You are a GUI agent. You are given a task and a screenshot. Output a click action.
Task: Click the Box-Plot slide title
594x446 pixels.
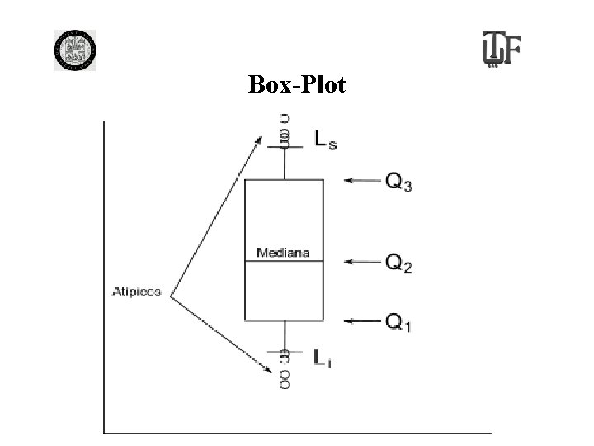(297, 83)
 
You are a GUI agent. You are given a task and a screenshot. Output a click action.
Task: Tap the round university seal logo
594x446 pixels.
(75, 50)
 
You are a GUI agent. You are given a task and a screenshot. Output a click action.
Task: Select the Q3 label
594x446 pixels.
(399, 182)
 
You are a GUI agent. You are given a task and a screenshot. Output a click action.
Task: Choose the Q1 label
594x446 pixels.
(399, 321)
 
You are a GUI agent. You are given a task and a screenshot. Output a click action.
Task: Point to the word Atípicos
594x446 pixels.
(137, 291)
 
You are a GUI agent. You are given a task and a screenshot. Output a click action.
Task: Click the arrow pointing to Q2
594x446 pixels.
(361, 262)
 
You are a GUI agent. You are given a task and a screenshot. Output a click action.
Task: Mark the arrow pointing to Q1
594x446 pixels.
(361, 320)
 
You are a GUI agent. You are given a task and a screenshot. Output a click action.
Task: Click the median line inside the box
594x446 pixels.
(283, 262)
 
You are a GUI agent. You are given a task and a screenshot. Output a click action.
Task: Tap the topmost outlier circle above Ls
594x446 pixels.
(285, 118)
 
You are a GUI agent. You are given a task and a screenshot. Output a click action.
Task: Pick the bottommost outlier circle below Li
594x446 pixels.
(285, 386)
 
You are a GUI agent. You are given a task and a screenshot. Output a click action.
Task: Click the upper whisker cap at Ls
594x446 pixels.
(285, 148)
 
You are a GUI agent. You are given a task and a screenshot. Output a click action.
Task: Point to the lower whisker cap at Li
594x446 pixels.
(285, 353)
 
